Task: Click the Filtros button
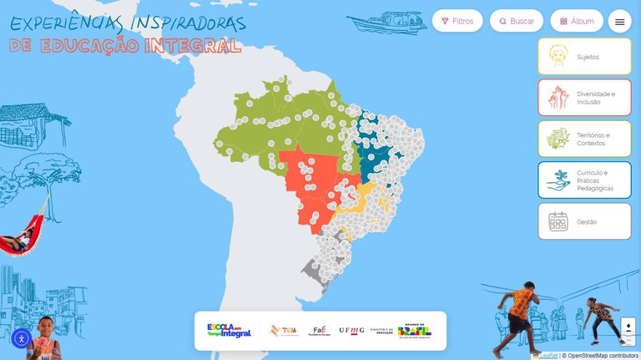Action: tap(457, 21)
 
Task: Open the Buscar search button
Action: tap(517, 21)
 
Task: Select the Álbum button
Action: tap(577, 21)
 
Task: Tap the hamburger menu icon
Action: tap(619, 22)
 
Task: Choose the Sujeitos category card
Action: tap(584, 57)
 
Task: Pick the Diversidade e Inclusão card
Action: tap(584, 98)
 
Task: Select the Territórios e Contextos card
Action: tap(584, 139)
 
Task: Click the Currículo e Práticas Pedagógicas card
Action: tap(584, 180)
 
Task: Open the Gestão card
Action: tap(584, 221)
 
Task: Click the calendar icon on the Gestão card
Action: tap(558, 221)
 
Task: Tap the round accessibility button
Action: tap(22, 338)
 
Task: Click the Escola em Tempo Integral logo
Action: tap(229, 331)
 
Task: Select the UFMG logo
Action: tap(351, 331)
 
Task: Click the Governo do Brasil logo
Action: tap(415, 331)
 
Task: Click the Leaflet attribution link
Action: tap(550, 356)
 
